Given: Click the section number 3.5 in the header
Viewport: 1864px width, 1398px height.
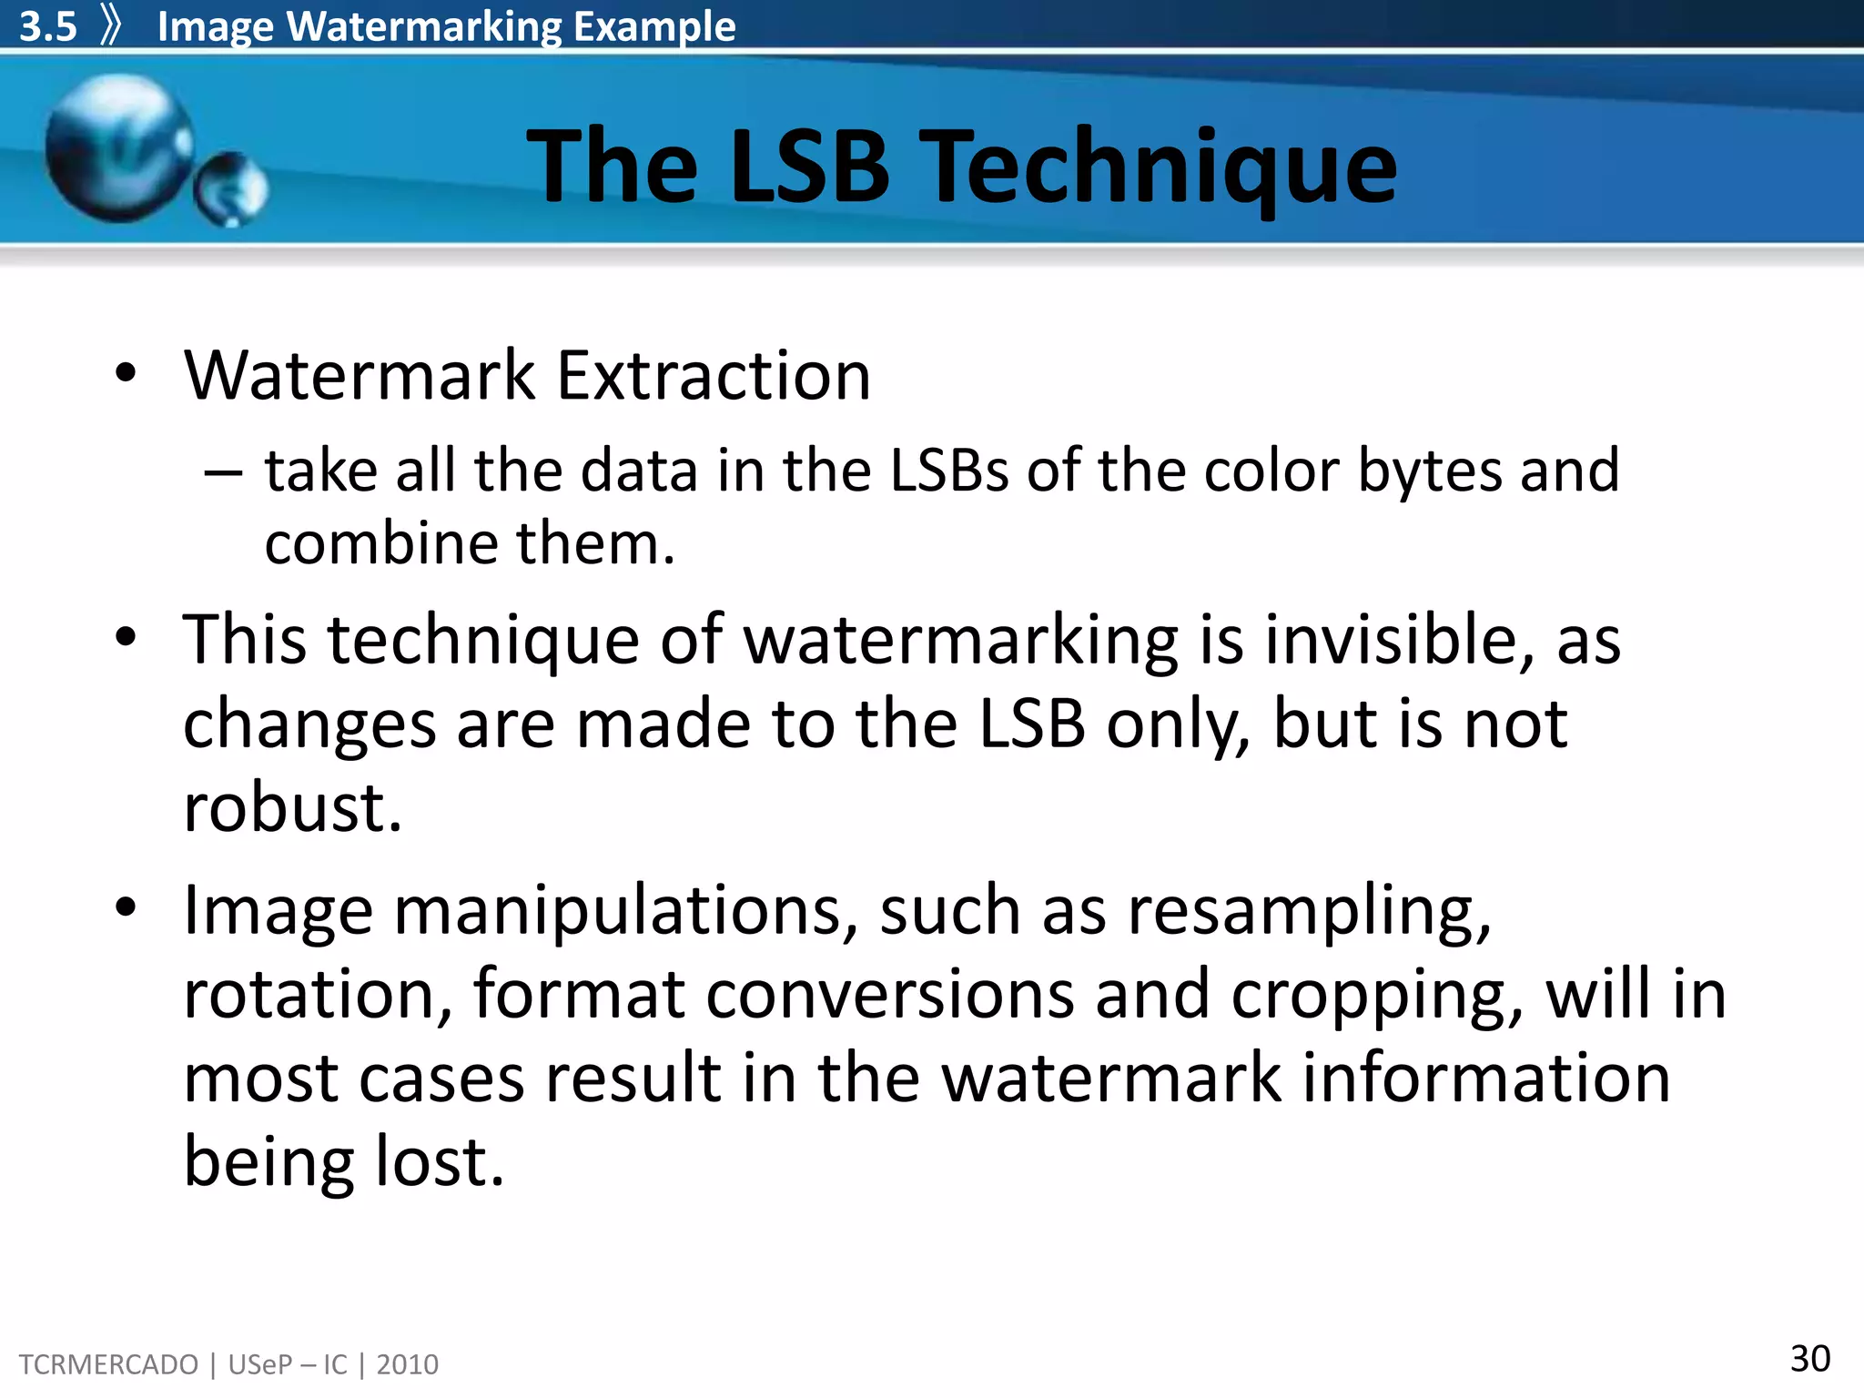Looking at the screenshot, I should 48,26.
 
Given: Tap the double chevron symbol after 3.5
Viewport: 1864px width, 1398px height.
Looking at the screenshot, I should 111,25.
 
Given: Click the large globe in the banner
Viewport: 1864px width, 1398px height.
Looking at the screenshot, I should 118,148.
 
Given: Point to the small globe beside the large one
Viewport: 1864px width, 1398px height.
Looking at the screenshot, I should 231,188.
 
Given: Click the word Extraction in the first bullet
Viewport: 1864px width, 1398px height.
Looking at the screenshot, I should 714,375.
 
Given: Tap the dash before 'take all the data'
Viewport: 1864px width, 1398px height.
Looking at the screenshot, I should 223,472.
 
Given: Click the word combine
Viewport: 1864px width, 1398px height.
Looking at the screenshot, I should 381,544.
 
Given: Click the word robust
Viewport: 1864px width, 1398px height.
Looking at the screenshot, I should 292,807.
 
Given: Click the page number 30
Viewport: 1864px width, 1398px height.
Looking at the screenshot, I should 1809,1359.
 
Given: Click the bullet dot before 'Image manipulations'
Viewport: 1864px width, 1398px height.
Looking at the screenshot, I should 126,907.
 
